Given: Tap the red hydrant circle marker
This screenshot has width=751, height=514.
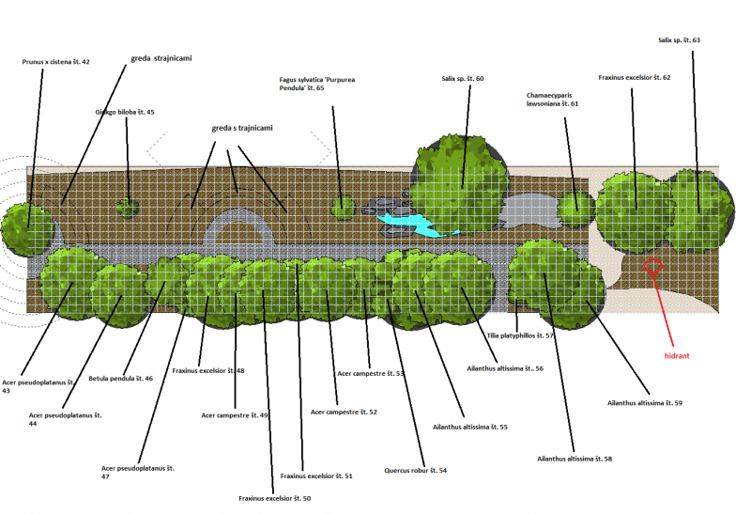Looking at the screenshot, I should coord(654,266).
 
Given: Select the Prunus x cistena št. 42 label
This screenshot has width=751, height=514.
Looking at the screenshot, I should coord(55,62).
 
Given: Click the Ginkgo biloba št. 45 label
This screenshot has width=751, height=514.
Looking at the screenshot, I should coord(124,112).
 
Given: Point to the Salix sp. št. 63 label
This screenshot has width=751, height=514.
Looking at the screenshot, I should coord(679,40).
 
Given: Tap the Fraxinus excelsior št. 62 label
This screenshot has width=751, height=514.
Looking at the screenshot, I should coord(634,77).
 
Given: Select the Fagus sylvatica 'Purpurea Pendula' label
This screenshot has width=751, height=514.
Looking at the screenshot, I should coord(316,84).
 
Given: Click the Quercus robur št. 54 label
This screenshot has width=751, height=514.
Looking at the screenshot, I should coord(416,470).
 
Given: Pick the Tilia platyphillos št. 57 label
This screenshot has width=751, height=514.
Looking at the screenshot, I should coord(521,335).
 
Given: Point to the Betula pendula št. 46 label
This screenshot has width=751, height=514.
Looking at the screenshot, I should coord(120,379).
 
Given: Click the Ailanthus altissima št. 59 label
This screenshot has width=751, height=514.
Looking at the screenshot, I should coord(645,403).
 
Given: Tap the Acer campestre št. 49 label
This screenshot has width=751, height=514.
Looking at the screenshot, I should coord(235,414).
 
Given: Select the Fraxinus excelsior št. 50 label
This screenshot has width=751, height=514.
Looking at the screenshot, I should coord(274,498).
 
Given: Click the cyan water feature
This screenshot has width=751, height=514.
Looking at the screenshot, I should coord(413,223).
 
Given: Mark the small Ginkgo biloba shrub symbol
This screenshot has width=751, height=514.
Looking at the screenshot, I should coord(127,208).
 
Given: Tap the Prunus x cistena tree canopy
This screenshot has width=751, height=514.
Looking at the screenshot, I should coord(26,226).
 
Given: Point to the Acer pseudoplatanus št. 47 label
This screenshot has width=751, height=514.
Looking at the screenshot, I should coord(137,472).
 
